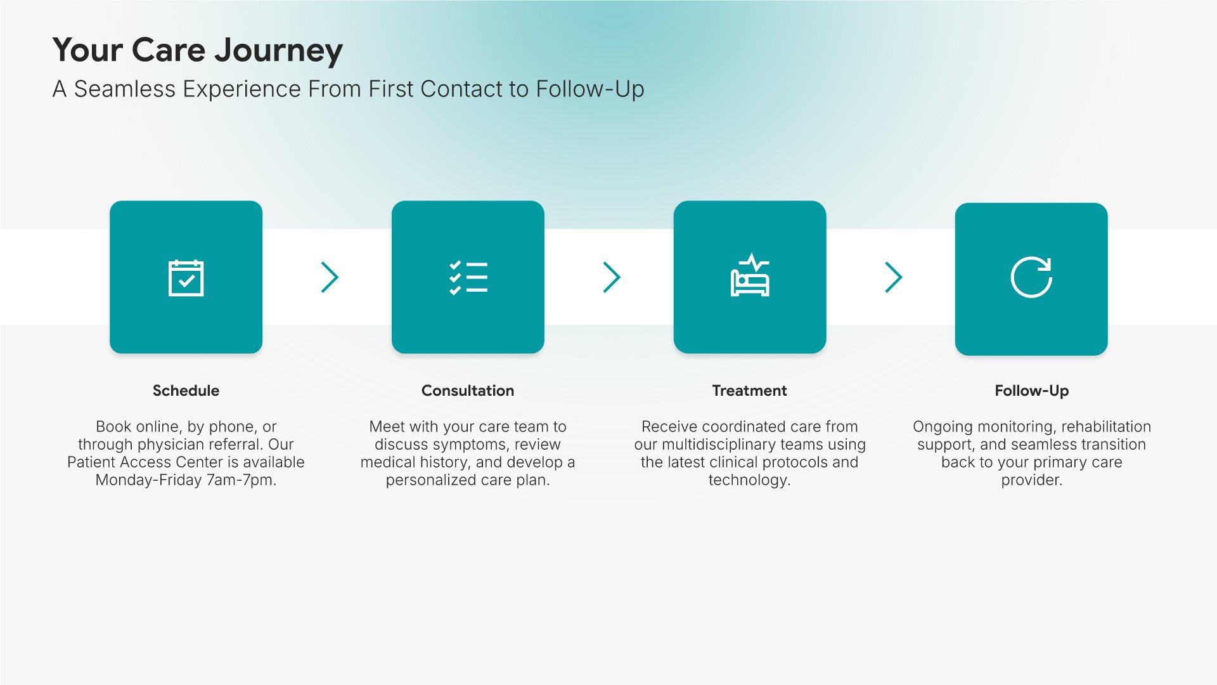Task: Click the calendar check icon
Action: coord(186,278)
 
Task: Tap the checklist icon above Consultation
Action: coord(468,278)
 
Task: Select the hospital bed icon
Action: coord(750,275)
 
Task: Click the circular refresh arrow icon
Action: coord(1031,277)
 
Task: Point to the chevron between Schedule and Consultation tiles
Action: coord(330,277)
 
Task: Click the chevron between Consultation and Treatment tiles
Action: coord(611,277)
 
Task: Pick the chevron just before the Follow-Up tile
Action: coord(893,277)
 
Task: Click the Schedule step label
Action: coord(186,391)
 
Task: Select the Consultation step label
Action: coord(468,391)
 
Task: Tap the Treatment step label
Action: coord(750,391)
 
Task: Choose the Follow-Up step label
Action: coord(1032,391)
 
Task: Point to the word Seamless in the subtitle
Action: coord(124,89)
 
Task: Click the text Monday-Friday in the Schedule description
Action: coord(148,480)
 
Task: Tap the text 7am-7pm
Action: coord(241,480)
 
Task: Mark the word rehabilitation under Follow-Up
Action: coord(1106,427)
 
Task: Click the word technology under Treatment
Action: coord(747,480)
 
